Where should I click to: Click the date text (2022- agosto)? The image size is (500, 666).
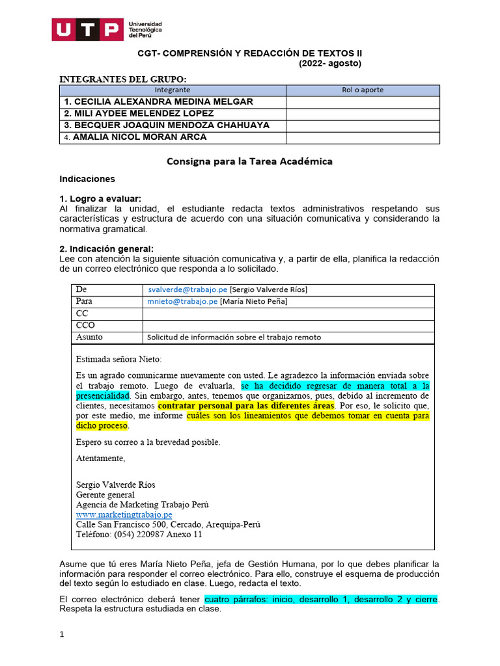329,63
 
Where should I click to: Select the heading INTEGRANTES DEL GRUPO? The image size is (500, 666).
122,79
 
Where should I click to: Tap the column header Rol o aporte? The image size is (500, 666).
363,90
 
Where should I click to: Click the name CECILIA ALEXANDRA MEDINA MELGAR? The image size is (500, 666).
159,102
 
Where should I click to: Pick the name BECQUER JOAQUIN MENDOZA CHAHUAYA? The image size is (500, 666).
167,125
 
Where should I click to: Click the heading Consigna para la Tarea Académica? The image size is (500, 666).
249,161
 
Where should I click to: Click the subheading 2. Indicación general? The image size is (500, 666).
106,249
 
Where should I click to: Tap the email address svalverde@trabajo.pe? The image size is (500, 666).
186,289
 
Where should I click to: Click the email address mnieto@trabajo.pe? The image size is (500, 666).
182,301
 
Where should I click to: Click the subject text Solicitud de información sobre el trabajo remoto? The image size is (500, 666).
234,337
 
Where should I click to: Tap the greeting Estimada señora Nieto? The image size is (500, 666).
118,359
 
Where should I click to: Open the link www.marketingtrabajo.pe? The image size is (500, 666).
124,514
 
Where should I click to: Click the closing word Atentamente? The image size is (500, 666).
100,459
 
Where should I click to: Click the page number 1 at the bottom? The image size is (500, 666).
61,635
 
